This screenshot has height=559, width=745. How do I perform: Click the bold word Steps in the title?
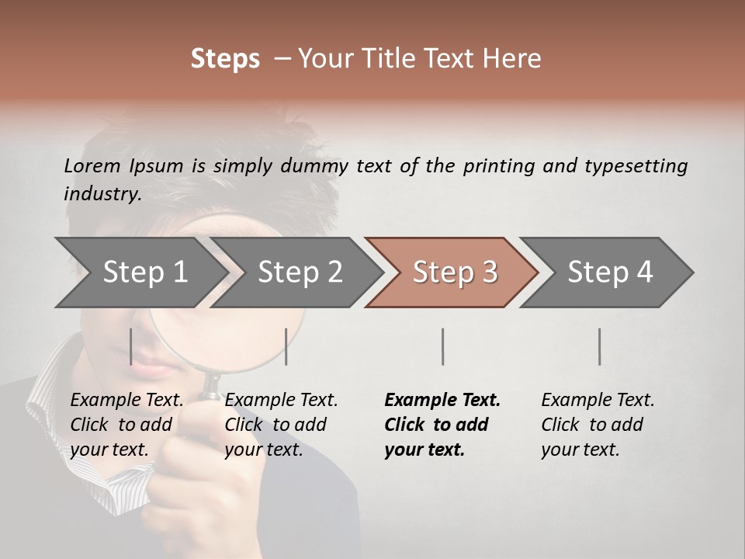pyautogui.click(x=225, y=59)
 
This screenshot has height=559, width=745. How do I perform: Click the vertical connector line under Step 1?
pyautogui.click(x=131, y=346)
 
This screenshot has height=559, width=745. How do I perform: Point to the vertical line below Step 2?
pyautogui.click(x=286, y=346)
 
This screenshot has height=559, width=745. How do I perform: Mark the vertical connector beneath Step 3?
pyautogui.click(x=442, y=346)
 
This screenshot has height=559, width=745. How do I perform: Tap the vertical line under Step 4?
pyautogui.click(x=599, y=346)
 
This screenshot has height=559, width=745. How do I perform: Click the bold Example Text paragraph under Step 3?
pyautogui.click(x=442, y=425)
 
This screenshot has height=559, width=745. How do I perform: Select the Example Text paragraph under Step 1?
pyautogui.click(x=126, y=425)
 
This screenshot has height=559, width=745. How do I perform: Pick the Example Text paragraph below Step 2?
pyautogui.click(x=281, y=425)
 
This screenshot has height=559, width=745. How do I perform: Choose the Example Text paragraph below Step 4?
pyautogui.click(x=598, y=425)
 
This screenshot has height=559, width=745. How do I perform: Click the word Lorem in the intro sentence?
pyautogui.click(x=92, y=165)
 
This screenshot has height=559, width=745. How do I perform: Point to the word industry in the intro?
pyautogui.click(x=102, y=194)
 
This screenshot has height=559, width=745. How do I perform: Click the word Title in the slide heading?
pyautogui.click(x=408, y=59)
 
